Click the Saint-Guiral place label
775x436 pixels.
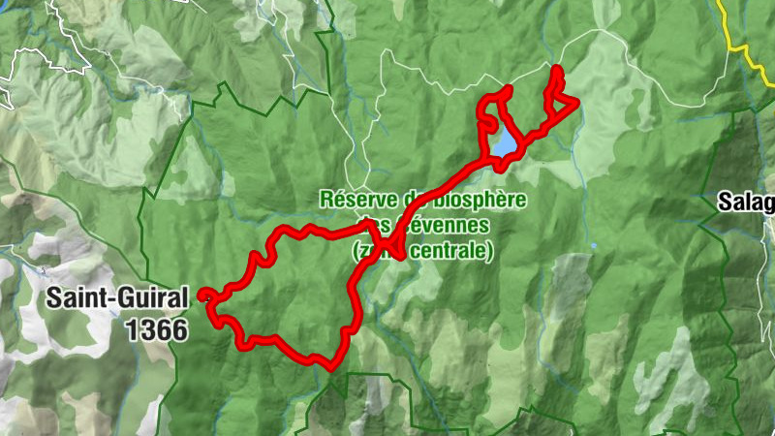pyautogui.click(x=116, y=299)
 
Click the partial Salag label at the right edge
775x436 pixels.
pyautogui.click(x=746, y=202)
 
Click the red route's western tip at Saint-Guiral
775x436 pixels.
pyautogui.click(x=201, y=295)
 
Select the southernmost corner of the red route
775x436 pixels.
pyautogui.click(x=330, y=368)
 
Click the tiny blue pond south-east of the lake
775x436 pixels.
pyautogui.click(x=592, y=246)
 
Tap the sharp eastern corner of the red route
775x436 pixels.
pyautogui.click(x=577, y=103)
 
